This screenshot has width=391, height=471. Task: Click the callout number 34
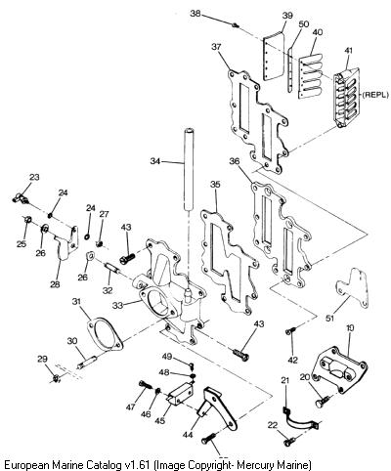pyautogui.click(x=155, y=161)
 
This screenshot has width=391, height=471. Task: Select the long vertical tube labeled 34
pyautogui.click(x=189, y=170)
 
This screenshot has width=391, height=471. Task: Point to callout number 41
pyautogui.click(x=348, y=52)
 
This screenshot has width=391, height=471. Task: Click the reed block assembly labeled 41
pyautogui.click(x=346, y=98)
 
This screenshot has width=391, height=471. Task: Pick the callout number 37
pyautogui.click(x=216, y=47)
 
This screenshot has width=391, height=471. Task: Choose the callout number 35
pyautogui.click(x=215, y=185)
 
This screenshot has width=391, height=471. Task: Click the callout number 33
pyautogui.click(x=118, y=306)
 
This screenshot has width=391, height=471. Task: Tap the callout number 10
pyautogui.click(x=350, y=328)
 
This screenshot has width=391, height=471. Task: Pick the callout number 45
pyautogui.click(x=159, y=421)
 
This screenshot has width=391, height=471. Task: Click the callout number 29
pyautogui.click(x=42, y=359)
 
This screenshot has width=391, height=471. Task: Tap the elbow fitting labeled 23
pyautogui.click(x=21, y=198)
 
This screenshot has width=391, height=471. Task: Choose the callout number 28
pyautogui.click(x=55, y=284)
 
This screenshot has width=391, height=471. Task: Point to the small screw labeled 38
pyautogui.click(x=237, y=25)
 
